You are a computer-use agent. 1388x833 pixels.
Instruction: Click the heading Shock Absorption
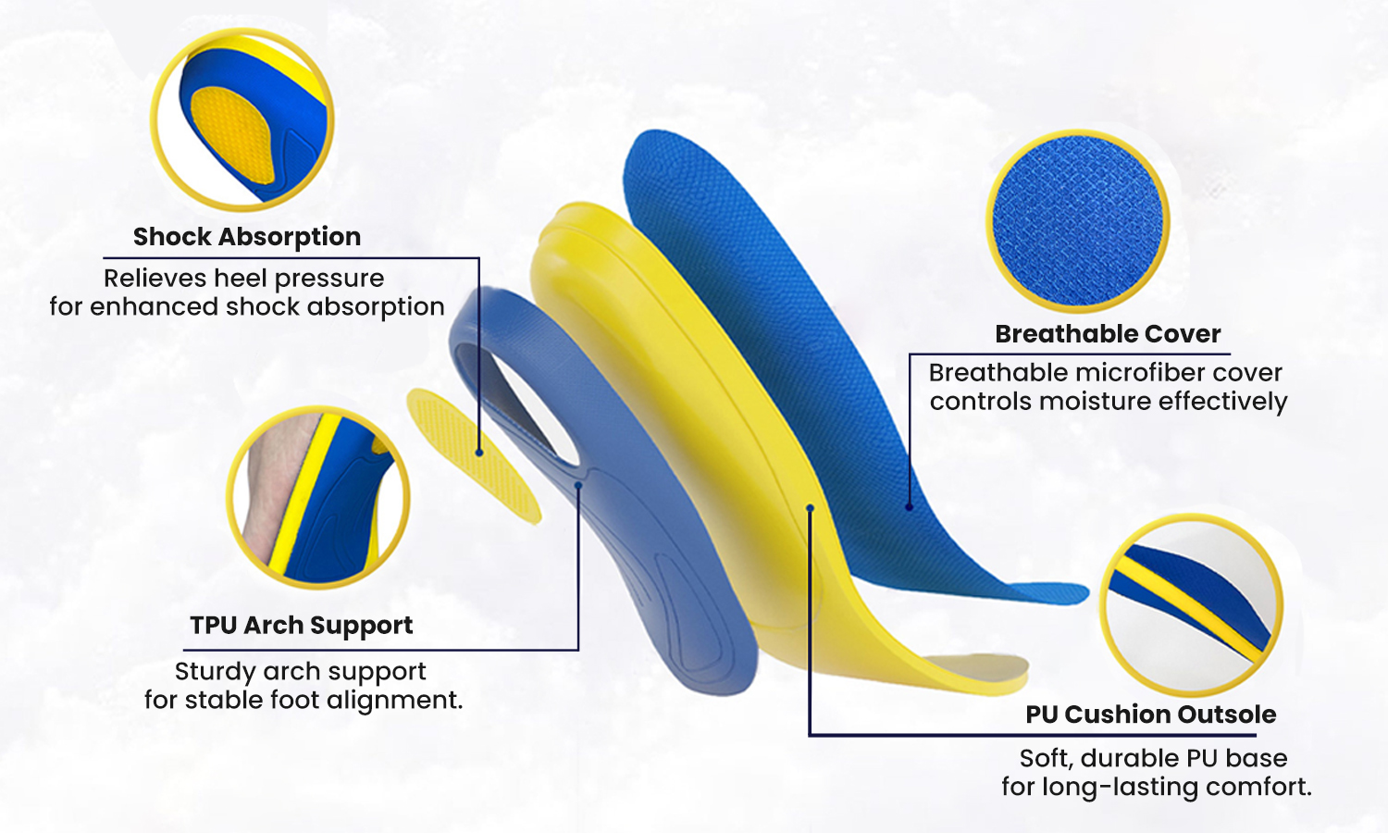click(247, 237)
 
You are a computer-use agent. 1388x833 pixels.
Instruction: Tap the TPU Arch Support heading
click(301, 626)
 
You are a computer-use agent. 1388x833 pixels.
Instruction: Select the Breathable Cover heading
click(1108, 334)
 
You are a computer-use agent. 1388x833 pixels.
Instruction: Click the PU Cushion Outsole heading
click(1151, 715)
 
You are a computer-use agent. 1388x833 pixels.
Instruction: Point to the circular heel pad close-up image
click(242, 120)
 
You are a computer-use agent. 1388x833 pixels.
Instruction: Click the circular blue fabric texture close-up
click(1078, 221)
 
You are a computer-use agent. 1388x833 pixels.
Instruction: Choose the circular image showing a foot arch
click(318, 498)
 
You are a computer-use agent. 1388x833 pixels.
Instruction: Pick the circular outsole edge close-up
click(1191, 605)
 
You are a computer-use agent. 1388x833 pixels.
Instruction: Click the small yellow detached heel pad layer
click(474, 455)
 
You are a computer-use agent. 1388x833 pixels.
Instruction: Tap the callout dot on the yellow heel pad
click(479, 454)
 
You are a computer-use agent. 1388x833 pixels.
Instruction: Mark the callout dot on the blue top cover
click(909, 507)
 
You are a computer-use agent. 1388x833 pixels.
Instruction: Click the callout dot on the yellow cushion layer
click(810, 508)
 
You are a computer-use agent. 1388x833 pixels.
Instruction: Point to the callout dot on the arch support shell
click(578, 485)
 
